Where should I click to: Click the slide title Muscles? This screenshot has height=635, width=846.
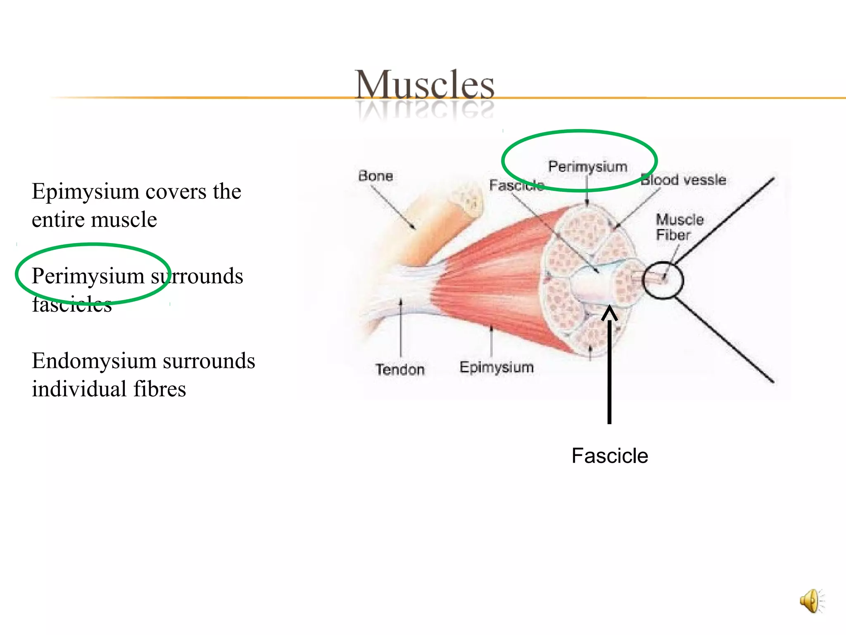pos(424,85)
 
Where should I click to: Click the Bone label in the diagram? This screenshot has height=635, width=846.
pos(375,176)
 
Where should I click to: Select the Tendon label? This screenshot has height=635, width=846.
pos(400,369)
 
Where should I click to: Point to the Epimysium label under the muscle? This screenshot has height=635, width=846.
pos(497,367)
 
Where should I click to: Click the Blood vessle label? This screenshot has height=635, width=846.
pos(684,180)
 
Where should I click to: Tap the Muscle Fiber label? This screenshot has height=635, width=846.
pos(679,227)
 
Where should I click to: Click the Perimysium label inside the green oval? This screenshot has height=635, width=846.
pos(587,167)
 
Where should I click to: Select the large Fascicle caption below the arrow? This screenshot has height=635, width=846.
pos(610,456)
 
